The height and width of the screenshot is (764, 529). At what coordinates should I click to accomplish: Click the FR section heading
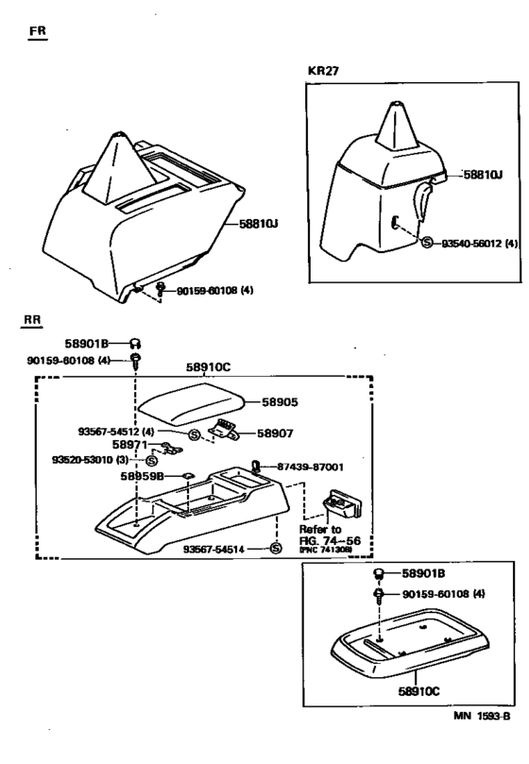click(x=40, y=31)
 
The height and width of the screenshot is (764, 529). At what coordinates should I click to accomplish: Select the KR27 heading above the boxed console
click(x=324, y=71)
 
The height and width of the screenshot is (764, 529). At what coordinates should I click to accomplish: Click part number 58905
click(x=280, y=401)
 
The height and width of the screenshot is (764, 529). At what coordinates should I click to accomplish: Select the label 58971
click(x=128, y=443)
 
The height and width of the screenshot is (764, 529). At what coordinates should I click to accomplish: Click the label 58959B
click(x=142, y=477)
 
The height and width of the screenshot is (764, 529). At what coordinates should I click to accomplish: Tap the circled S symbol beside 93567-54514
click(x=275, y=548)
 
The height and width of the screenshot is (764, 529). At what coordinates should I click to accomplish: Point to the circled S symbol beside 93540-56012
click(x=427, y=243)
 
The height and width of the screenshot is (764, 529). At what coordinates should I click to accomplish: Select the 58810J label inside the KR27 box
click(x=481, y=175)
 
